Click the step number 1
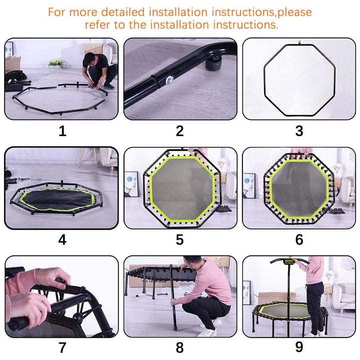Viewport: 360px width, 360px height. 62,131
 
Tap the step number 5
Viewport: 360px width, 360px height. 180,239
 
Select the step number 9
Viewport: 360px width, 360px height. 299,347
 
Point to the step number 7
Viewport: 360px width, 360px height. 62,347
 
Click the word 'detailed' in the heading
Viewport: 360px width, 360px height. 123,12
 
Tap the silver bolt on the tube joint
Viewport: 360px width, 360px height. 169,80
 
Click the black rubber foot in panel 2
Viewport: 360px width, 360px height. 213,63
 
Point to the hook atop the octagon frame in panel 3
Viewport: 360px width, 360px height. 299,42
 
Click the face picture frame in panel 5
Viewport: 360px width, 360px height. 131,184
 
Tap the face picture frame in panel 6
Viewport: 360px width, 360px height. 249,185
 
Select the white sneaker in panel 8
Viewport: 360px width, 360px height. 207,332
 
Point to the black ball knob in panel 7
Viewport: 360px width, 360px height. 77,318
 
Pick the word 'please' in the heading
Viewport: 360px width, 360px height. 294,12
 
